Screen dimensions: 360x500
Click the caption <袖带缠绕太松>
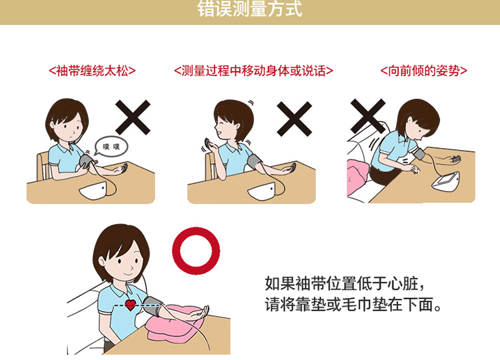click(93, 70)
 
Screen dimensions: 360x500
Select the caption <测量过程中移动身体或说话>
click(253, 70)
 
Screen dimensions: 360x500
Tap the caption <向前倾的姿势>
click(423, 70)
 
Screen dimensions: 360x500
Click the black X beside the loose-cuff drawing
click(133, 118)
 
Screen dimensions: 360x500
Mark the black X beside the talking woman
click(295, 118)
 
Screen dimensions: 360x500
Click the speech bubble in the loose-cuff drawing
click(109, 147)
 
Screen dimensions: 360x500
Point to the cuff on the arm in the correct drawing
click(151, 306)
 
